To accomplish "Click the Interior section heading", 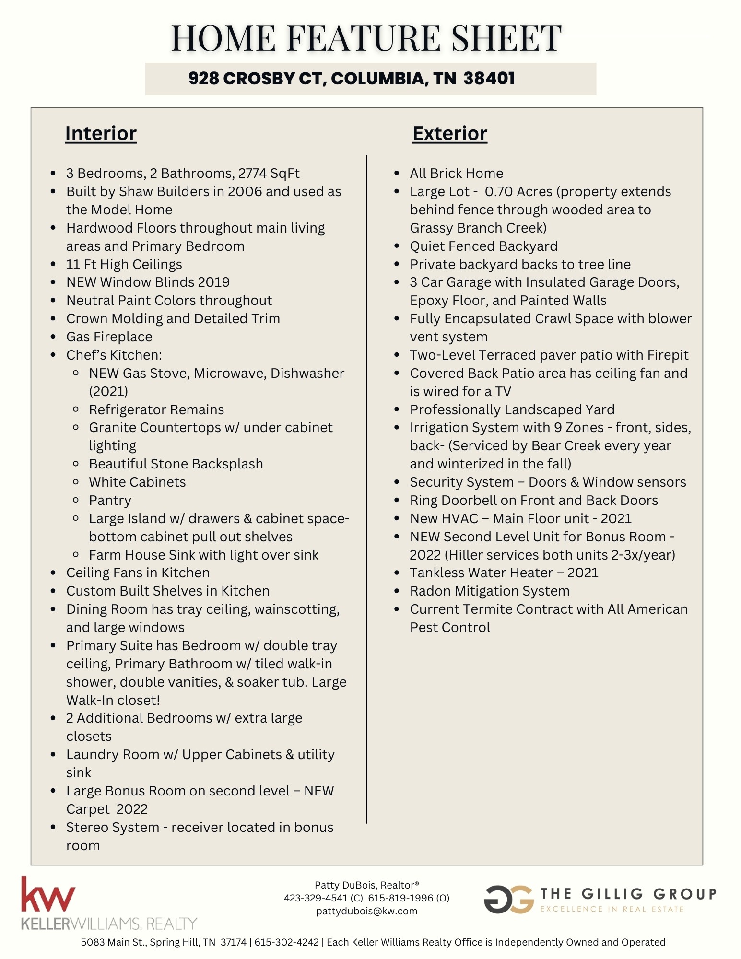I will point(101,133).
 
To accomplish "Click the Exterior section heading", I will point(449,133).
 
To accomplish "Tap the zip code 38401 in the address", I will point(489,78).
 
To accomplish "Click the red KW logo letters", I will point(48,895).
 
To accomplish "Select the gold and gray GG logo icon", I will point(508,899).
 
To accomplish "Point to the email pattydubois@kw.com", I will point(366,911).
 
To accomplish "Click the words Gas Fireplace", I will point(109,337).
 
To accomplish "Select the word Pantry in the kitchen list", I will point(110,500).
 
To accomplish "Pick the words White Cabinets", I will point(137,482).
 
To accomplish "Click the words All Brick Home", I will point(456,173).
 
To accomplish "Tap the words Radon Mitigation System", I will point(489,591).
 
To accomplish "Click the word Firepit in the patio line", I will point(668,355).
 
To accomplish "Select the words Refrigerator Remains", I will point(156,409).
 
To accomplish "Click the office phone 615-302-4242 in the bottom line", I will point(286,942).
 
